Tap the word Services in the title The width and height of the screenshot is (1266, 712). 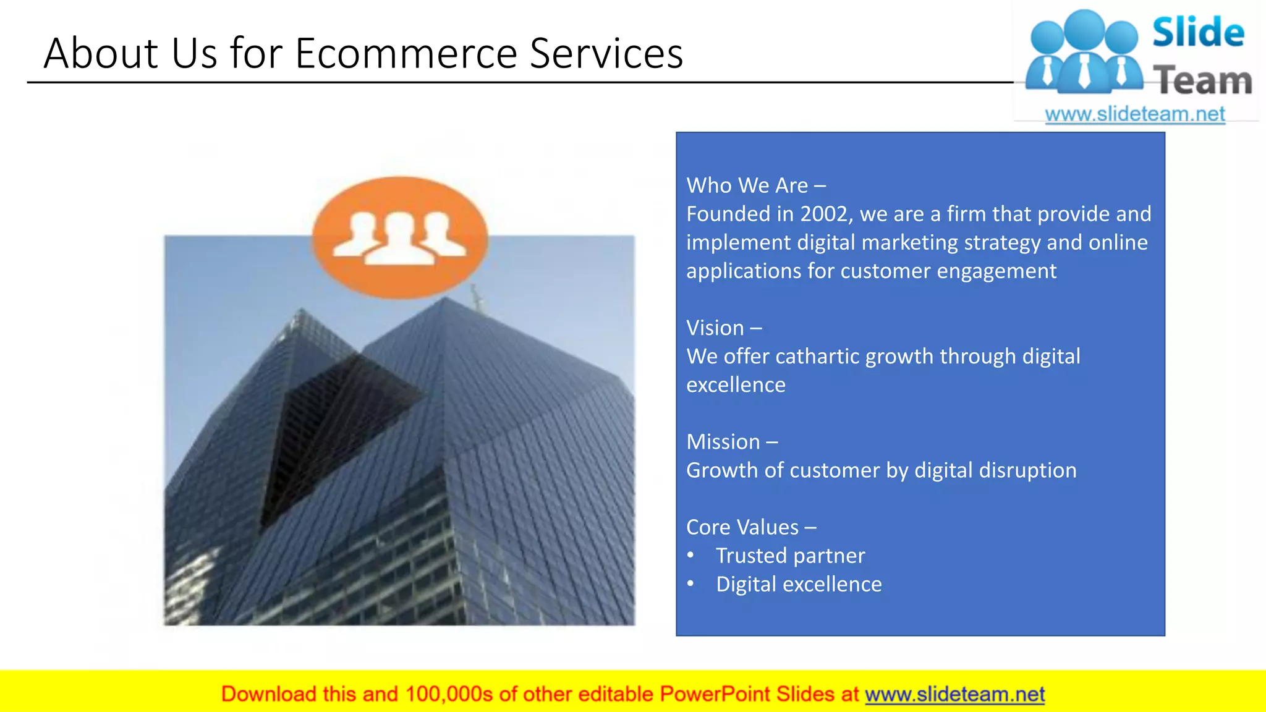pyautogui.click(x=606, y=53)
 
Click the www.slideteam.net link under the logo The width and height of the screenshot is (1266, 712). pyautogui.click(x=1134, y=114)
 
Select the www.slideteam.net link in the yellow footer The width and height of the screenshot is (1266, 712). pyautogui.click(x=954, y=694)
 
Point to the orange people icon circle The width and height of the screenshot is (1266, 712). pyautogui.click(x=400, y=238)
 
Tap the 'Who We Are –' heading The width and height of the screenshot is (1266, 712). pyautogui.click(x=755, y=185)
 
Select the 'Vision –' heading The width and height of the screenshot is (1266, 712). pyautogui.click(x=724, y=328)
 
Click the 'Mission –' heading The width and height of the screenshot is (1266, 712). pyautogui.click(x=732, y=442)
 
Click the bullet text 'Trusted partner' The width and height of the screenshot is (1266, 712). pyautogui.click(x=790, y=556)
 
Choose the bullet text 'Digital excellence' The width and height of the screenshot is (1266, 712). pyautogui.click(x=799, y=584)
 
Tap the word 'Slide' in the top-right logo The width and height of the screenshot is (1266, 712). pyautogui.click(x=1198, y=32)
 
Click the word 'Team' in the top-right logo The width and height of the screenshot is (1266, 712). pyautogui.click(x=1202, y=81)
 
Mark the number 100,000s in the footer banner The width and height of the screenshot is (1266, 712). pyautogui.click(x=449, y=694)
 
